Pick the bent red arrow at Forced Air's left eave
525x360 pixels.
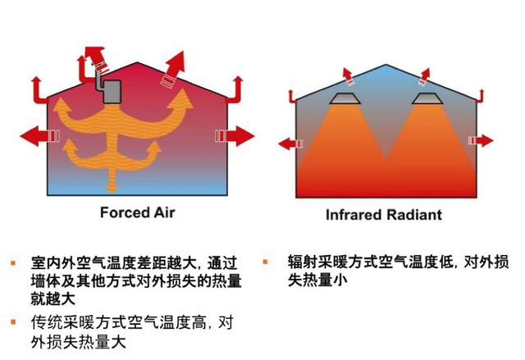(x=38, y=84)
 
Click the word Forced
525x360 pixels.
(x=123, y=213)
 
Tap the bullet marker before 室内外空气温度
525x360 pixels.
(x=13, y=263)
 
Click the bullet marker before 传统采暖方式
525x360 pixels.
(x=13, y=321)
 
